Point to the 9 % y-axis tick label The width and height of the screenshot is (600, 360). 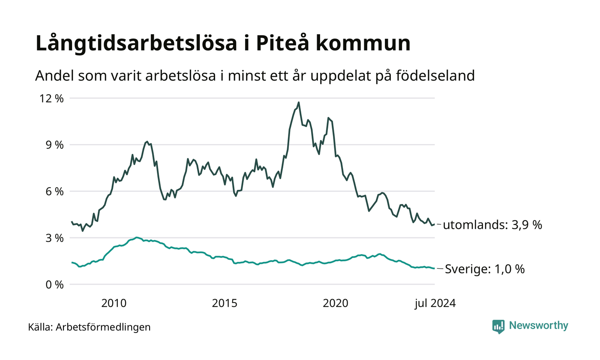coord(54,145)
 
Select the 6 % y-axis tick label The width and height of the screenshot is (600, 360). coord(54,191)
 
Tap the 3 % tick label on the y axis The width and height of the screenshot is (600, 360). coord(54,238)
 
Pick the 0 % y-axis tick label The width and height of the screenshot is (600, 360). coord(54,284)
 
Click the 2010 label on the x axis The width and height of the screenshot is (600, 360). coord(114,303)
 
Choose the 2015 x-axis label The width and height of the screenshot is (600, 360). coord(225,303)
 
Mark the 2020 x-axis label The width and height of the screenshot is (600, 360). coord(336,303)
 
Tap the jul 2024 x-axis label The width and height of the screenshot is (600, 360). coord(435,303)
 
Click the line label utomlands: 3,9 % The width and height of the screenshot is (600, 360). coord(492,225)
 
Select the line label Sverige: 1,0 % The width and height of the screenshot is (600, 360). coord(485,269)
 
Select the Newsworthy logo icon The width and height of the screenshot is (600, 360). coord(498,326)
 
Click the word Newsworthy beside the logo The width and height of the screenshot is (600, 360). coord(538,326)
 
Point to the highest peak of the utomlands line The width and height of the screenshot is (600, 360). coord(299,102)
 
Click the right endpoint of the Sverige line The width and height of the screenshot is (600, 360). coord(434,269)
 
